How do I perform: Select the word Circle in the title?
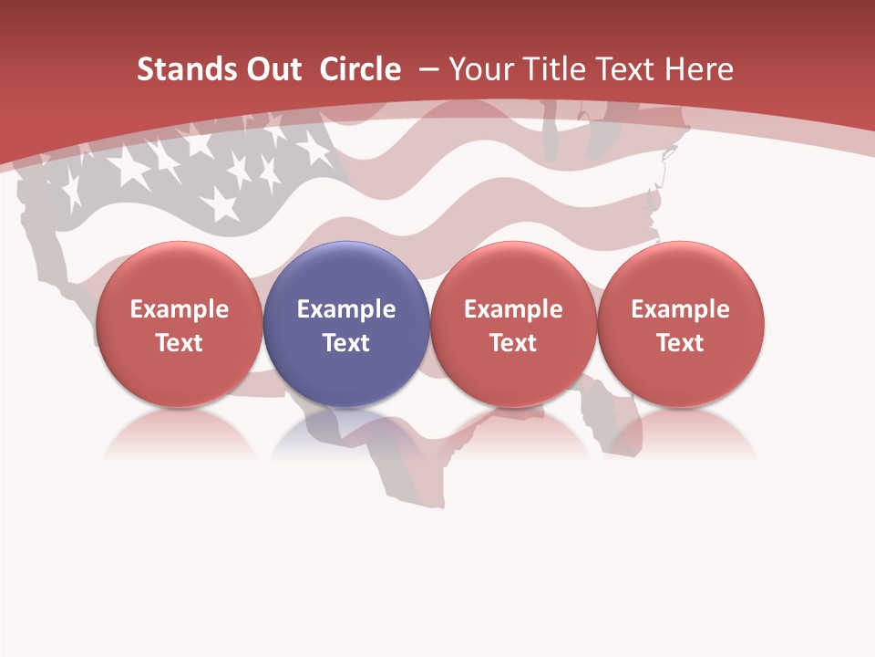(360, 69)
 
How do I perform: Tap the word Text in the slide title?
(625, 69)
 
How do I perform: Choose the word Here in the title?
(698, 69)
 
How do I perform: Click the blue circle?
(346, 274)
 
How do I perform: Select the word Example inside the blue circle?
(346, 309)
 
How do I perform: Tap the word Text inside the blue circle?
(346, 343)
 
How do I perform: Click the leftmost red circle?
(179, 274)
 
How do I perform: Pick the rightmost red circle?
(681, 274)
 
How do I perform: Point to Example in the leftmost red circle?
(179, 309)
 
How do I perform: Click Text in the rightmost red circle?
(681, 343)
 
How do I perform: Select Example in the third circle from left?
(513, 309)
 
